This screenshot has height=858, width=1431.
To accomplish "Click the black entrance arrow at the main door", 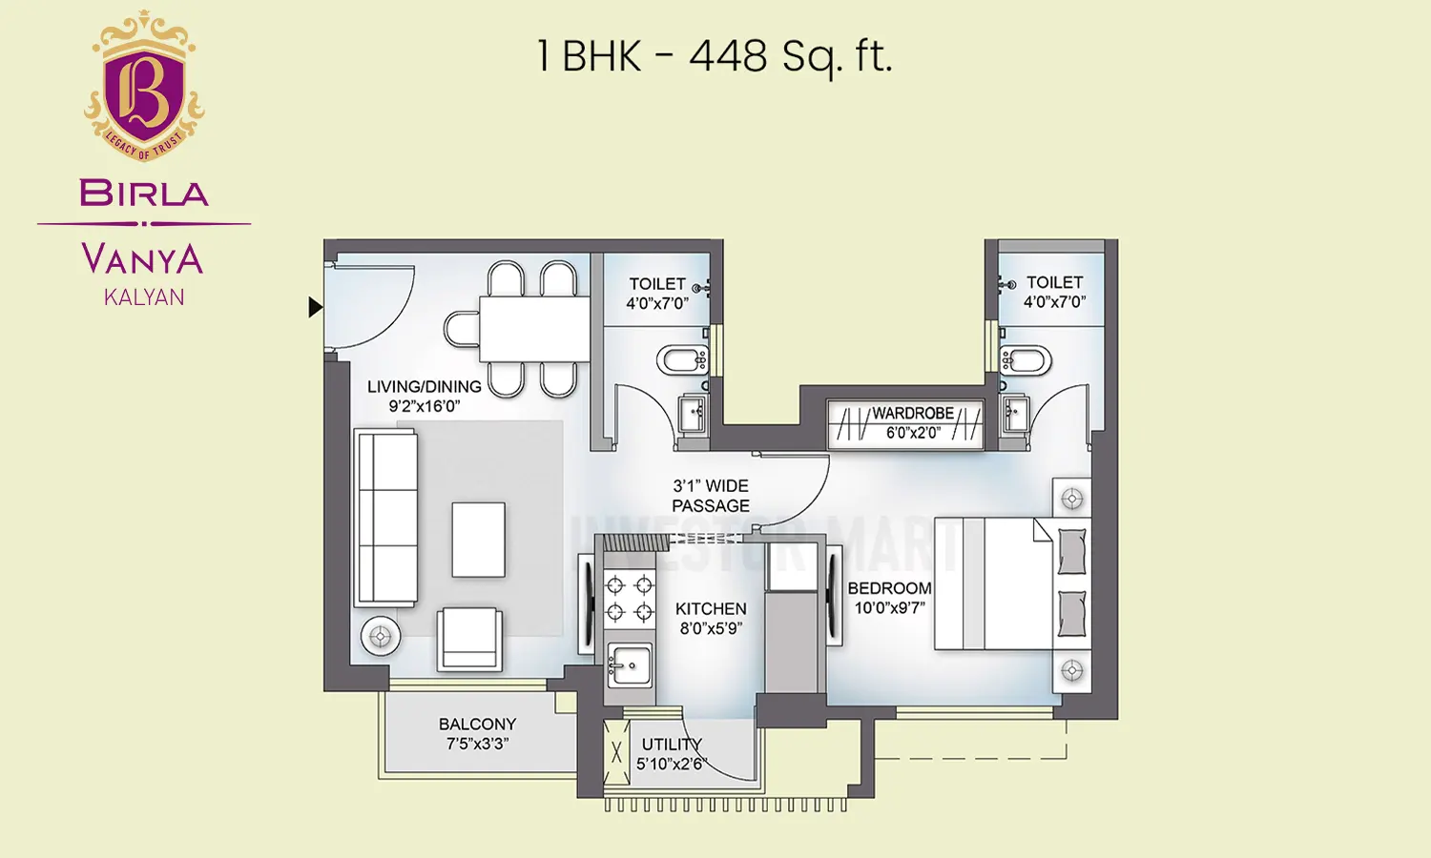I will tap(315, 307).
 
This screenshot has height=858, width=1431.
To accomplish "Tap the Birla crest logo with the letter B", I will tap(144, 88).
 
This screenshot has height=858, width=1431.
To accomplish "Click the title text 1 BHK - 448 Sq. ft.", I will tap(714, 56).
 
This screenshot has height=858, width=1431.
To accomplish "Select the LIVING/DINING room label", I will tap(424, 396).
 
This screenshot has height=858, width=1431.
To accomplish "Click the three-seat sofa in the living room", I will tap(385, 518).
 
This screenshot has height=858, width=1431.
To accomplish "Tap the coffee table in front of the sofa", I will tap(478, 540).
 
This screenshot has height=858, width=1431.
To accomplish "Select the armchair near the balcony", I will tap(469, 640).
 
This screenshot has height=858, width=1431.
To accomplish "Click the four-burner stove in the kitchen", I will tap(630, 598).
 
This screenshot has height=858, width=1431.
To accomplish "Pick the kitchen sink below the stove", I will tap(629, 664).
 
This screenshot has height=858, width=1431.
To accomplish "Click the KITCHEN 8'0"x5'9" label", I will tap(711, 618).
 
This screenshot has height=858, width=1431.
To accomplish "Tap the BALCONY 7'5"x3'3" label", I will tap(477, 733).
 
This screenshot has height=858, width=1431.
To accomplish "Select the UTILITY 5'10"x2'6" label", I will tap(671, 753).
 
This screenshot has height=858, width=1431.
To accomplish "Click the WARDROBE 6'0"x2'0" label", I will tap(912, 422).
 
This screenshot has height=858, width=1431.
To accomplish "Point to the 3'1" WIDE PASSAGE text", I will tap(711, 496).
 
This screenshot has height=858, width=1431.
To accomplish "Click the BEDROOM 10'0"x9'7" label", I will tap(889, 598).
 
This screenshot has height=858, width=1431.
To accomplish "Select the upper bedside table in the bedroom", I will tap(1072, 499).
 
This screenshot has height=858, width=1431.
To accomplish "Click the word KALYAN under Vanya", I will tap(144, 297).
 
